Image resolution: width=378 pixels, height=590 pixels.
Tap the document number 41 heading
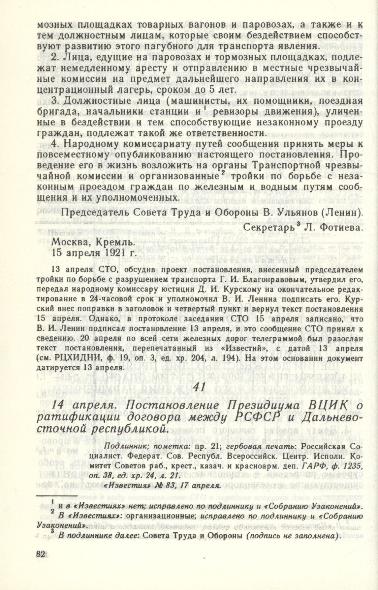pyautogui.click(x=200, y=387)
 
